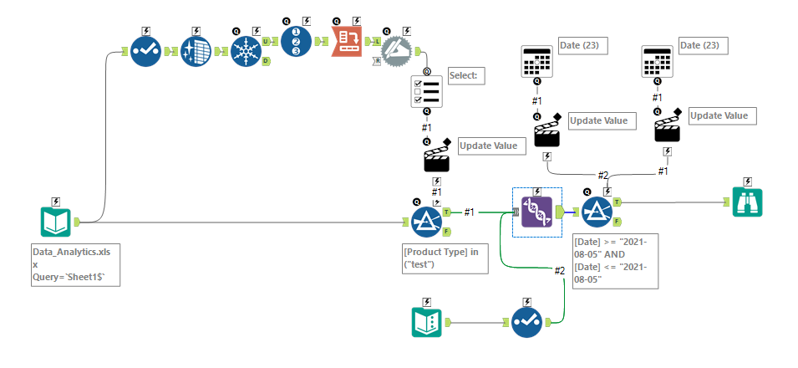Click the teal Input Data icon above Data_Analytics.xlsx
point(56,222)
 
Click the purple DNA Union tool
point(536,212)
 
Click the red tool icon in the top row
point(347,40)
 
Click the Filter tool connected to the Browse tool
point(597,212)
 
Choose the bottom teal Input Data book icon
point(427,322)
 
